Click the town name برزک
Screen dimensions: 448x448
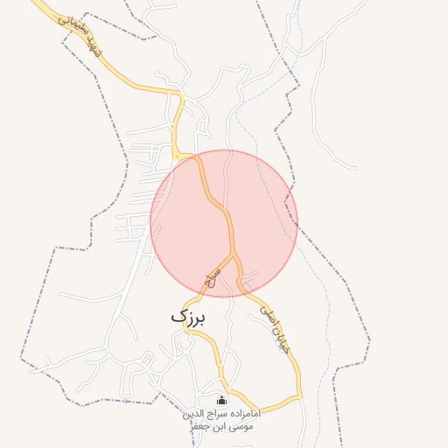point(189,317)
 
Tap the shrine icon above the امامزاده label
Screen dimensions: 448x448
point(220,402)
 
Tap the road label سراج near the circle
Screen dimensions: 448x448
point(213,277)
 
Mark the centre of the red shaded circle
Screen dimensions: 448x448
point(224,223)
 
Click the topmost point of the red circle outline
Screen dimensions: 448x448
point(224,150)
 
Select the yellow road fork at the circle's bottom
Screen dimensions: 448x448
point(235,256)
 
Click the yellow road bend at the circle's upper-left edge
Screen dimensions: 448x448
point(178,157)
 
